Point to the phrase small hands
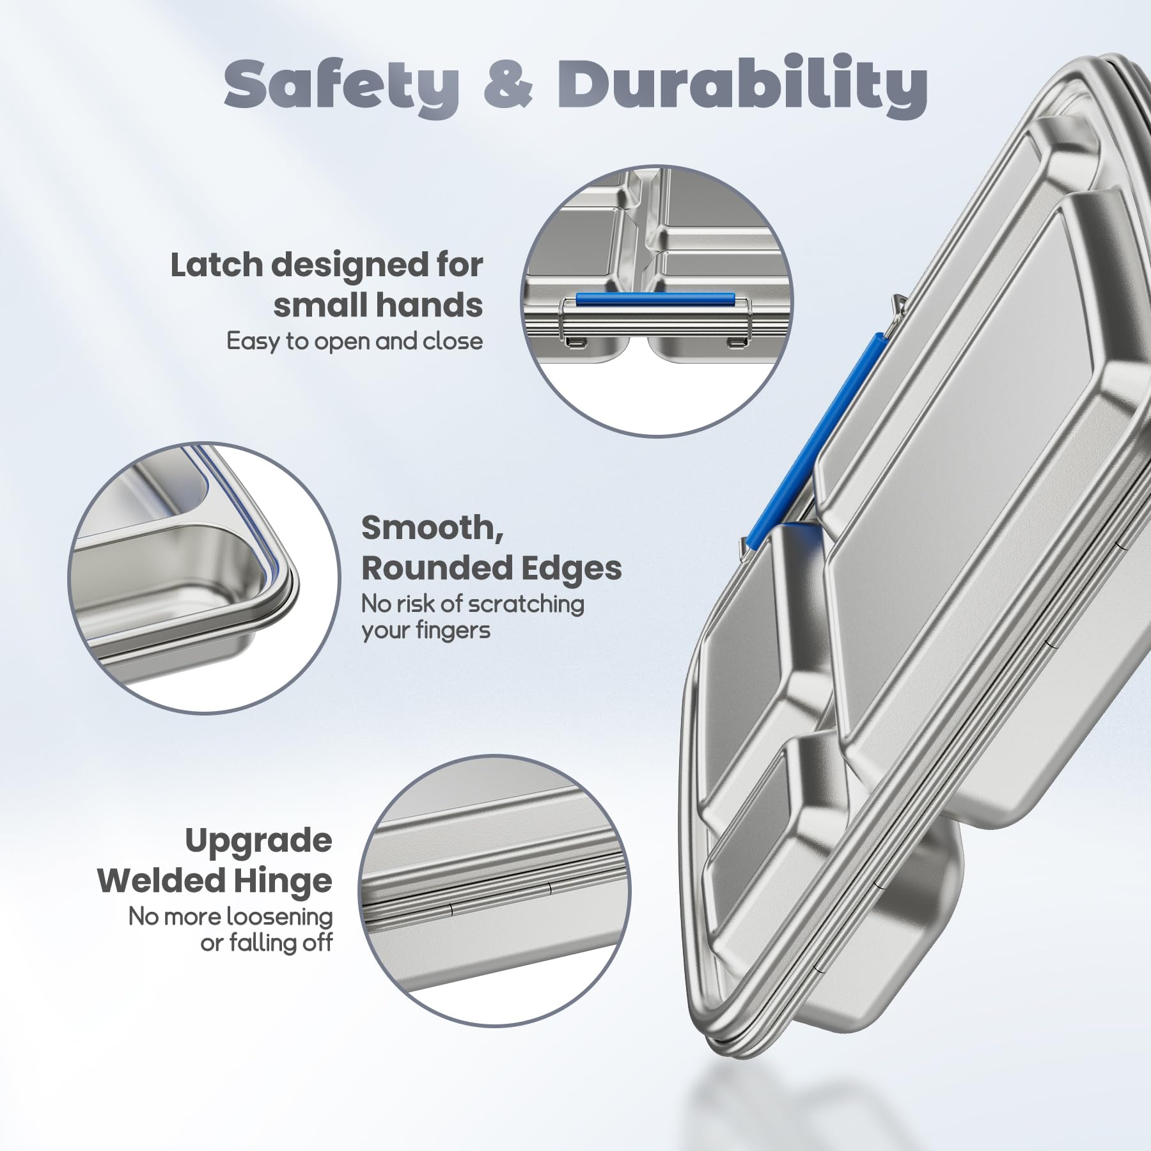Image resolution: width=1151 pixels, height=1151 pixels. pyautogui.click(x=379, y=306)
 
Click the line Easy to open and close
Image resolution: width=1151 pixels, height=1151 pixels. pyautogui.click(x=355, y=341)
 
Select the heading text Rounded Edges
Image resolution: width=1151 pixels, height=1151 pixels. pyautogui.click(x=492, y=568)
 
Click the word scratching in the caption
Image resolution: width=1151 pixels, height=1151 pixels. pyautogui.click(x=526, y=604)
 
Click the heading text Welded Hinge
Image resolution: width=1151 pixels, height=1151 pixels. pyautogui.click(x=215, y=881)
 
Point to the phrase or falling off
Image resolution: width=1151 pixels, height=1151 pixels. pyautogui.click(x=267, y=943)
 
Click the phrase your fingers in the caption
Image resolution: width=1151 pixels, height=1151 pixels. pyautogui.click(x=426, y=631)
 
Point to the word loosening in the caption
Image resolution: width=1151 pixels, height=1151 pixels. pyautogui.click(x=279, y=916)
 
